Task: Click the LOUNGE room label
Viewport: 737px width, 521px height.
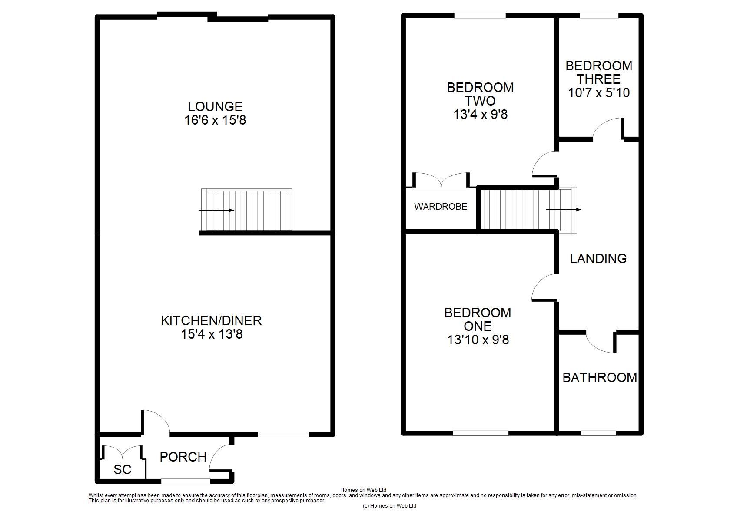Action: click(215, 106)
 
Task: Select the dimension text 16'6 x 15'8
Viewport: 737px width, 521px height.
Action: click(215, 120)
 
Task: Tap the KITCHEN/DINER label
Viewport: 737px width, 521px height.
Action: click(211, 320)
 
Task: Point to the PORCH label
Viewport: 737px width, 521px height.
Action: click(183, 457)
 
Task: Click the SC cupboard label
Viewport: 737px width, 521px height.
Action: click(123, 469)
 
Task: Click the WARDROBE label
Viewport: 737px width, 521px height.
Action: click(441, 207)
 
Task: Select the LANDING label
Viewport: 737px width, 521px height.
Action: click(598, 258)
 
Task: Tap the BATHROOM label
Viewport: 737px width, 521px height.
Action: click(599, 377)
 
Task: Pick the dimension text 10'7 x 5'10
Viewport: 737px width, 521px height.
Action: click(599, 93)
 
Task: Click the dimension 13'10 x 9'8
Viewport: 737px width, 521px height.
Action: click(478, 340)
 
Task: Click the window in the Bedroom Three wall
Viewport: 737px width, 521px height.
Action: click(599, 16)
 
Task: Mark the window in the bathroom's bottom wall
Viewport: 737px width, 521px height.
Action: click(598, 433)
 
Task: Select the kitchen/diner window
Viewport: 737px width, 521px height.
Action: click(283, 434)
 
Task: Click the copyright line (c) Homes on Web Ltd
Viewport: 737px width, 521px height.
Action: click(389, 506)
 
